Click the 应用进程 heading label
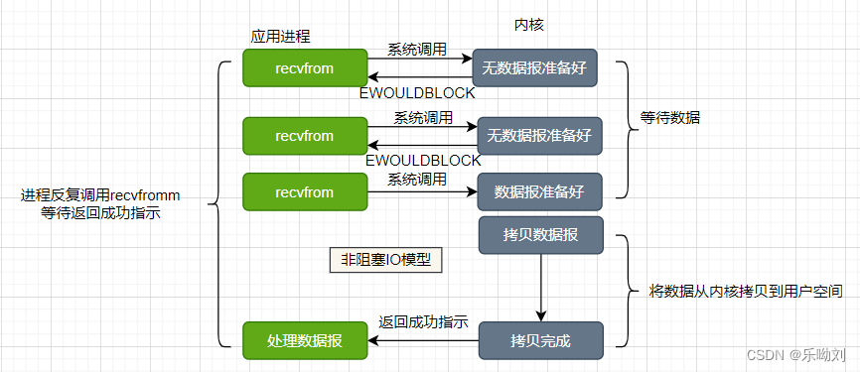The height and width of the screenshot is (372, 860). pyautogui.click(x=280, y=36)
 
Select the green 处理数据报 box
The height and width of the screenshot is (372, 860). pyautogui.click(x=305, y=340)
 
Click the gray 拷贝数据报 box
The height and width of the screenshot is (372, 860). pyautogui.click(x=541, y=234)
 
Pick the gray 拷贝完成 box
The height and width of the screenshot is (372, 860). pyautogui.click(x=541, y=340)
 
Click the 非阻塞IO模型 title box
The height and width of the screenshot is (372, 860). pyautogui.click(x=386, y=260)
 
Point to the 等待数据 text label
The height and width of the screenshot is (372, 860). pyautogui.click(x=671, y=117)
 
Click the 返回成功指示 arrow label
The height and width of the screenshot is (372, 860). pyautogui.click(x=424, y=322)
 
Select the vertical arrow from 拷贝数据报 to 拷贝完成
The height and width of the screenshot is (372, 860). pyautogui.click(x=541, y=288)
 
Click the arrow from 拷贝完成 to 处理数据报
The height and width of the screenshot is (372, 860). pyautogui.click(x=424, y=340)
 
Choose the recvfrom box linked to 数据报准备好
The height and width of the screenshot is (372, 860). pyautogui.click(x=305, y=191)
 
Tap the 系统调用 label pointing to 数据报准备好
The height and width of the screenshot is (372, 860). pyautogui.click(x=417, y=179)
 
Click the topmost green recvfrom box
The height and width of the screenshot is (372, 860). pyautogui.click(x=305, y=68)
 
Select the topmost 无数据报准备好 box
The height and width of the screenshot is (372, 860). pyautogui.click(x=534, y=68)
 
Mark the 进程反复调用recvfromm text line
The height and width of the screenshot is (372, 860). pyautogui.click(x=100, y=194)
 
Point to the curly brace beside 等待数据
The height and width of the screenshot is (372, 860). pyautogui.click(x=623, y=129)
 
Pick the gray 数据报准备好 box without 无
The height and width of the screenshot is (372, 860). pyautogui.click(x=541, y=191)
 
